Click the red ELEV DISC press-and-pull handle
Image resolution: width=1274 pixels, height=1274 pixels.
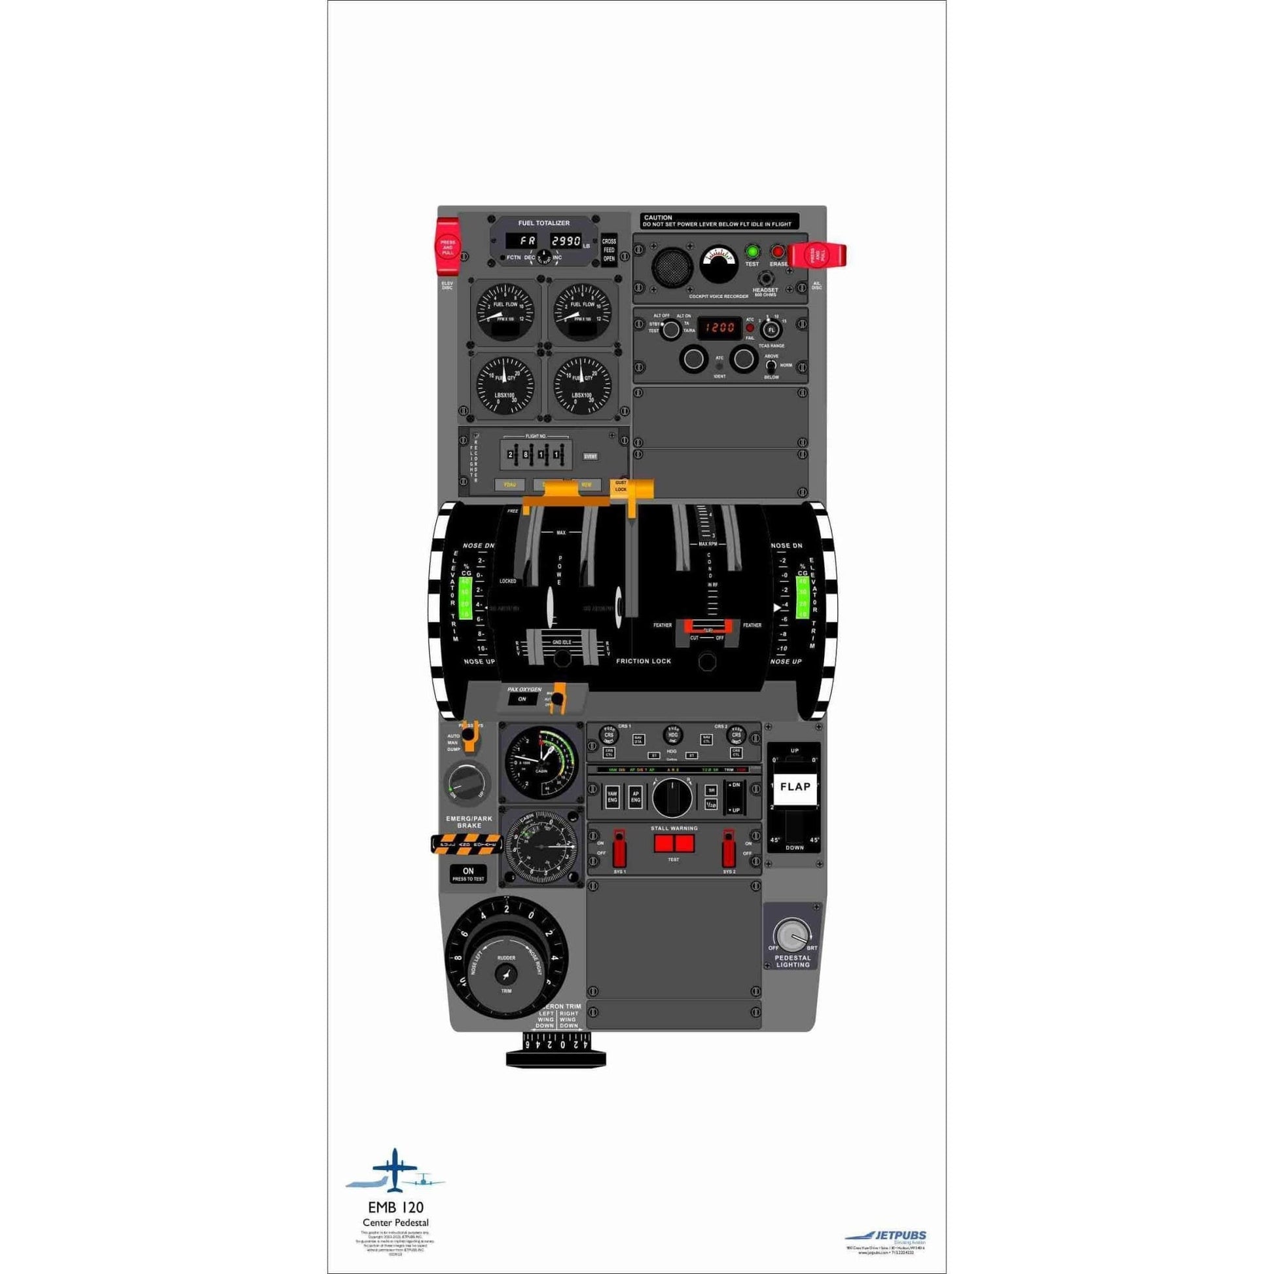[x=448, y=247]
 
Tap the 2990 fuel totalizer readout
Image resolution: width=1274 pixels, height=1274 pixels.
[x=565, y=241]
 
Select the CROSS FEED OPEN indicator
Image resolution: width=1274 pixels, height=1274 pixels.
[x=609, y=250]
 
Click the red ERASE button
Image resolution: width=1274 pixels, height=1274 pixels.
[x=778, y=251]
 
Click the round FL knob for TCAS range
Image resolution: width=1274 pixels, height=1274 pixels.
[x=771, y=329]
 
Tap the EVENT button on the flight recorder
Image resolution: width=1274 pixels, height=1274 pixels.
[x=590, y=456]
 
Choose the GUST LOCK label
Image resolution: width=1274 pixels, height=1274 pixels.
[x=621, y=486]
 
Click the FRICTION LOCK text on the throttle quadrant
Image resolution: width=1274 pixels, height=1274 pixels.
[x=643, y=661]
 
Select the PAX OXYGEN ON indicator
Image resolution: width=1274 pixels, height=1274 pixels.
[x=522, y=699]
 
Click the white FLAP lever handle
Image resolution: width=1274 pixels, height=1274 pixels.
[x=795, y=787]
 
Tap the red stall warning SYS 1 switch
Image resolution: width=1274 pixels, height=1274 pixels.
[x=619, y=850]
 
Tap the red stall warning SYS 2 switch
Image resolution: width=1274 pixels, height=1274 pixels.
[x=729, y=850]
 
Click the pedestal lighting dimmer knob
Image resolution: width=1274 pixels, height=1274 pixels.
[x=792, y=936]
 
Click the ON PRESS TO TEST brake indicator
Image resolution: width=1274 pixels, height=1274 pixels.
[x=468, y=875]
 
